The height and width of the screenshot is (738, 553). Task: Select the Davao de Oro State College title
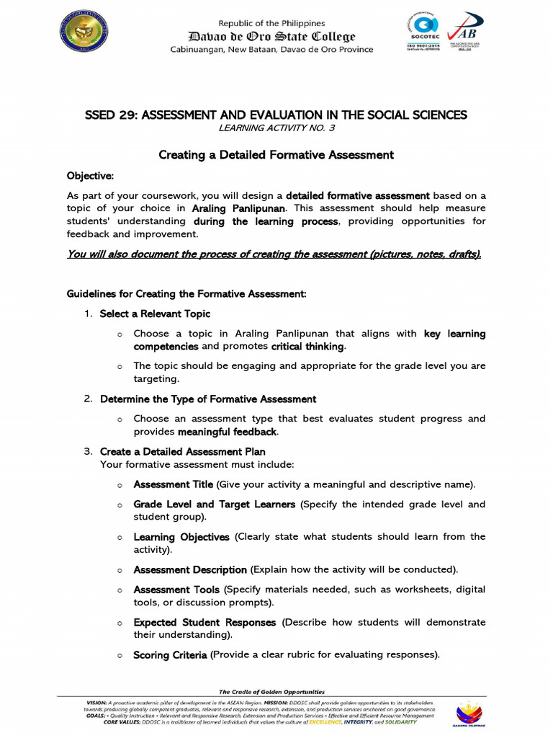[x=271, y=36]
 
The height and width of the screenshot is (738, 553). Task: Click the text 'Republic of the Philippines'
[x=271, y=23]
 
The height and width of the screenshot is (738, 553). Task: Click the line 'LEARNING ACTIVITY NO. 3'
[x=276, y=128]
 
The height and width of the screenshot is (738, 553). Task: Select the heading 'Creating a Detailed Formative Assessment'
[x=276, y=155]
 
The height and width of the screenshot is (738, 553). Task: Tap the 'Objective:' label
[x=90, y=176]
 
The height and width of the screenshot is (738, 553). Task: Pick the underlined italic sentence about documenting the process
[x=274, y=254]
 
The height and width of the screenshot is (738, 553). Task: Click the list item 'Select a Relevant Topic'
[x=155, y=314]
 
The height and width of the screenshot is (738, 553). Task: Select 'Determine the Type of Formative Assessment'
[x=207, y=399]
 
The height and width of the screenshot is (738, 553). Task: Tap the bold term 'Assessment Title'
[x=173, y=484]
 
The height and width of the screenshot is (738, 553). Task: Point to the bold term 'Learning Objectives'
[x=181, y=537]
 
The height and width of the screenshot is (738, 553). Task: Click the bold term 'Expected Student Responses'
[x=204, y=622]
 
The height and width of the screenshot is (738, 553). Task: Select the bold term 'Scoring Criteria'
[x=170, y=655]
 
